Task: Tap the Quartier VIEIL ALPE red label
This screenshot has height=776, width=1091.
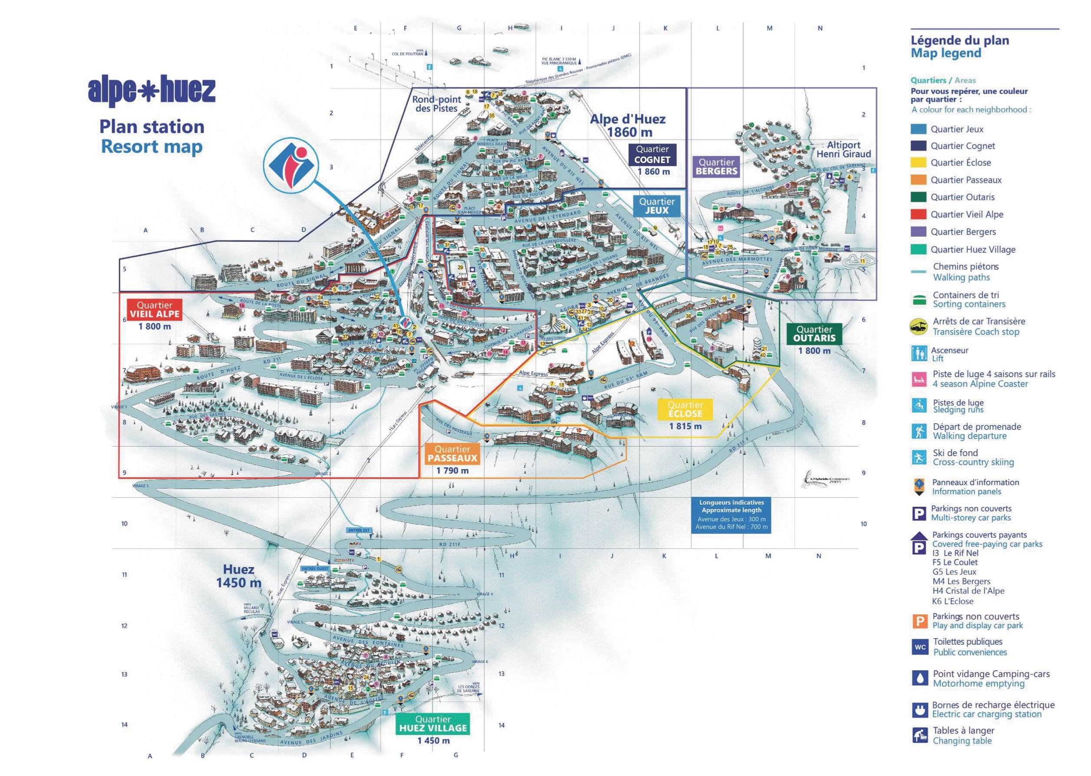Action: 154,310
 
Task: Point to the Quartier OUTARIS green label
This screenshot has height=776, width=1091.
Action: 814,333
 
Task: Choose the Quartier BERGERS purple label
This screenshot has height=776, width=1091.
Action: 716,167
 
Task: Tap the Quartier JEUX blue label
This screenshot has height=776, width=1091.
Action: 657,206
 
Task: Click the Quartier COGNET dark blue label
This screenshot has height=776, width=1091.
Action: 652,155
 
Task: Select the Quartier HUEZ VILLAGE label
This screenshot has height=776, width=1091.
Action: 432,724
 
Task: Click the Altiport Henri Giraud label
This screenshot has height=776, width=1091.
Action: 843,150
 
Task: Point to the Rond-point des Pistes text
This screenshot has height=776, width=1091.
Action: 436,104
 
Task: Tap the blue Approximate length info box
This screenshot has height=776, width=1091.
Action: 731,515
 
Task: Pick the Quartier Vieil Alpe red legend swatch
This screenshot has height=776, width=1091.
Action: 918,215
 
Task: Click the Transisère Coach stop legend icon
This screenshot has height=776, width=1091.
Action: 918,327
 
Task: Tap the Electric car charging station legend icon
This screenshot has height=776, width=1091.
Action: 918,710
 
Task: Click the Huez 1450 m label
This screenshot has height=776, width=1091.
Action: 238,576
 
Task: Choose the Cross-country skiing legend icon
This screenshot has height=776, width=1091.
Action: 918,457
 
